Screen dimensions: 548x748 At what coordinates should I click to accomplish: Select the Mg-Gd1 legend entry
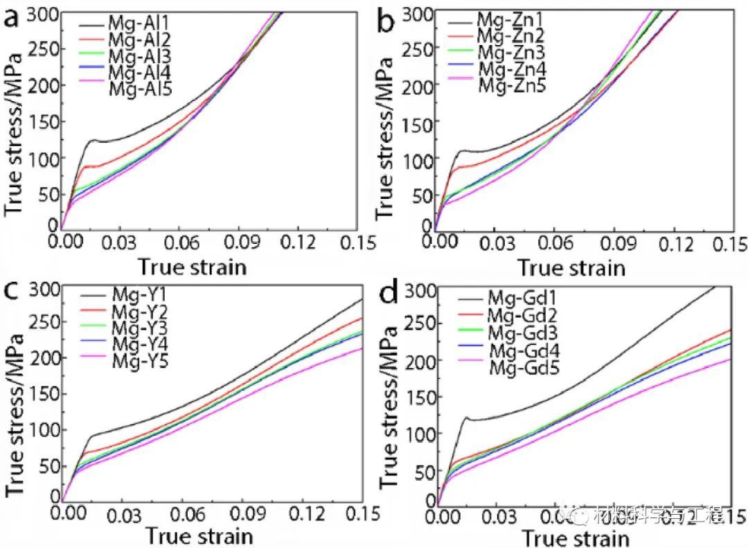[x=524, y=300]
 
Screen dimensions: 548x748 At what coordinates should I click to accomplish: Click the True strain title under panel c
[x=199, y=536]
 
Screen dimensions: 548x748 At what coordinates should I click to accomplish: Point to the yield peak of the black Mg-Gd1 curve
[x=466, y=418]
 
